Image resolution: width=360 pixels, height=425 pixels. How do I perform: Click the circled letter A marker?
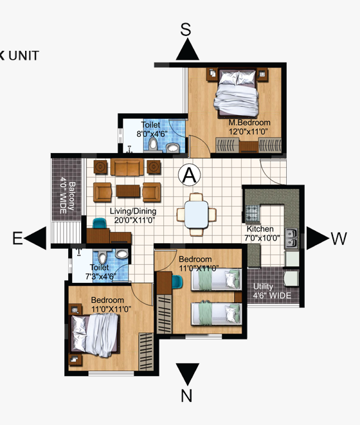[190, 175]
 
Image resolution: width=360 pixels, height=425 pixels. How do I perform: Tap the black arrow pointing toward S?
[187, 50]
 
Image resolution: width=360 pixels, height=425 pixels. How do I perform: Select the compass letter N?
[186, 395]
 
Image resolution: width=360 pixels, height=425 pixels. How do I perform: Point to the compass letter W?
[339, 239]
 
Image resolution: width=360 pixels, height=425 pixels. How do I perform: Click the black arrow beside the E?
[35, 238]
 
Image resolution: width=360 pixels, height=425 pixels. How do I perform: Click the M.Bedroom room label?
[249, 123]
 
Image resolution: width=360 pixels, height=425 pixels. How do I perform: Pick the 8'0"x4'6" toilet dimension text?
[152, 134]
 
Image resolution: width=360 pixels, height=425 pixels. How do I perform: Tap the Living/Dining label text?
[133, 211]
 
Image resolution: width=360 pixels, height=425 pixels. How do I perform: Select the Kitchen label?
[260, 229]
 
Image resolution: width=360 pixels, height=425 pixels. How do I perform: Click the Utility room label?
[263, 286]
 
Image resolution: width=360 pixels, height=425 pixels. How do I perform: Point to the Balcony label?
[71, 196]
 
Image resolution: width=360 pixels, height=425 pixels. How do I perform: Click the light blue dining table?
[197, 214]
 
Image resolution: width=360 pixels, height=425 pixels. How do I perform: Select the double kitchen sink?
[291, 239]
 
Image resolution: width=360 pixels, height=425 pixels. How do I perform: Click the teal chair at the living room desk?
[99, 223]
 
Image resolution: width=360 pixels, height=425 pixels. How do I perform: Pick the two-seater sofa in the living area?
[127, 167]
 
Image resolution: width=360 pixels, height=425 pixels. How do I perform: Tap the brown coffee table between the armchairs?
[128, 191]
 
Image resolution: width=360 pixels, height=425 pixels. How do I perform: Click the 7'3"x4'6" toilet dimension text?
[100, 276]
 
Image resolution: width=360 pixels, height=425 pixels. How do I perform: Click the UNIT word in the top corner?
[24, 55]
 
